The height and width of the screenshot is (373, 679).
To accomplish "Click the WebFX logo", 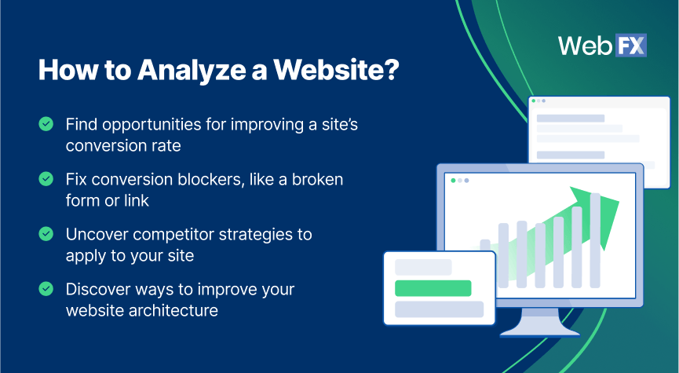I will click(602, 46).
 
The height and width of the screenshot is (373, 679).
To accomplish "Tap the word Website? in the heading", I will click(336, 70).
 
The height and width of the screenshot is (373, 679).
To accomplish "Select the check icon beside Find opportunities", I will click(46, 124).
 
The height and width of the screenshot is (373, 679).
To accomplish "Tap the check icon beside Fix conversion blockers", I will click(46, 179).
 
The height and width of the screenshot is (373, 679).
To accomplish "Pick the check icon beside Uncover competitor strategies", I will click(46, 234).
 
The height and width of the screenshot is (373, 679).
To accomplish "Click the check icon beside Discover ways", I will click(46, 289).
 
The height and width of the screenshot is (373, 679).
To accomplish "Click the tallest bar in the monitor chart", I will click(595, 240).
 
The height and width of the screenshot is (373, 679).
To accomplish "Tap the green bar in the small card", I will click(433, 288).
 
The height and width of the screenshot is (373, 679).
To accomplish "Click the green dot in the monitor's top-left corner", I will click(453, 181).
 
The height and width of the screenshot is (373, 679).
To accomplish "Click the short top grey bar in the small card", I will click(423, 267).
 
